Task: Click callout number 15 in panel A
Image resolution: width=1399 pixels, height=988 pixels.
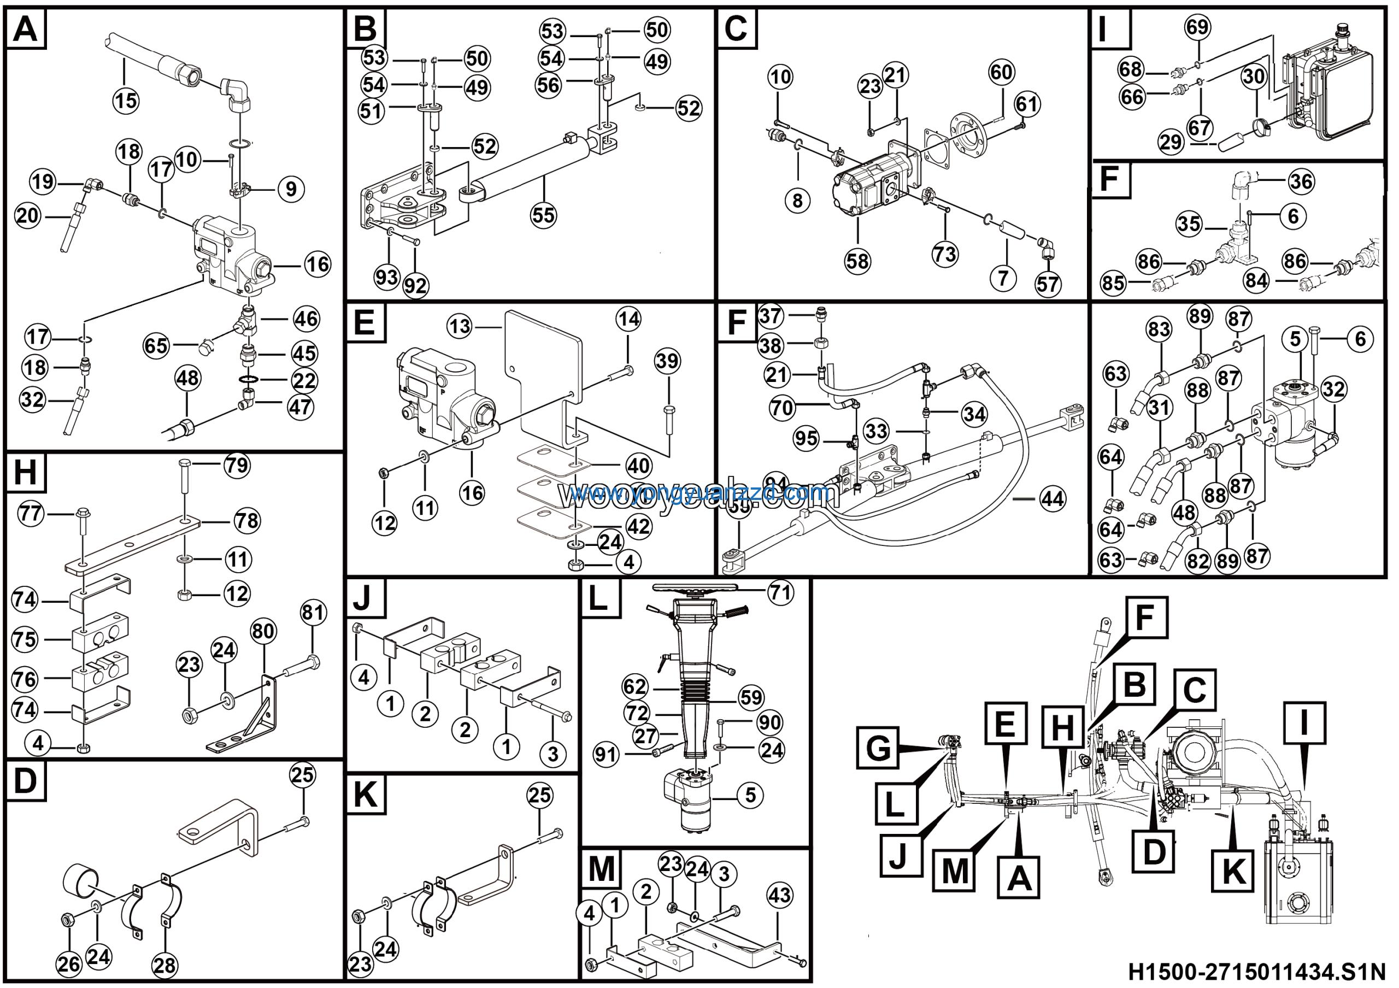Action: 126,101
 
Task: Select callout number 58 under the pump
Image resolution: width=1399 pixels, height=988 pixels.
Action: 857,261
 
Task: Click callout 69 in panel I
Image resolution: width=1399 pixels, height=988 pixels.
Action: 1197,27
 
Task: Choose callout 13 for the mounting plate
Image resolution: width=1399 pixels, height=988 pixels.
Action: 460,326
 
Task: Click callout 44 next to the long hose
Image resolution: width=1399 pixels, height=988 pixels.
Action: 1053,499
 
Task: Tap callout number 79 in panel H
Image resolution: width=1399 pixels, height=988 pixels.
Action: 237,466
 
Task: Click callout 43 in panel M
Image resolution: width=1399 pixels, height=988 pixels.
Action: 779,896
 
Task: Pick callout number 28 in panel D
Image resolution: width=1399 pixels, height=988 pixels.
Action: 164,966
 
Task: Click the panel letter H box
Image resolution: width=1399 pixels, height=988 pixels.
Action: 25,472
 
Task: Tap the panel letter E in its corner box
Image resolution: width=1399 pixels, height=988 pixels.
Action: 365,322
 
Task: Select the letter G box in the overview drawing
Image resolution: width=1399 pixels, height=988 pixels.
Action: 878,747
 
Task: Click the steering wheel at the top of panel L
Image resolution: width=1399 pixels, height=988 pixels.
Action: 695,589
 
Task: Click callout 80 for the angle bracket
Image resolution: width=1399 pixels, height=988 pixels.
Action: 263,631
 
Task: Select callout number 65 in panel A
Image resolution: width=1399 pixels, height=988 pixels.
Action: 155,345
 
